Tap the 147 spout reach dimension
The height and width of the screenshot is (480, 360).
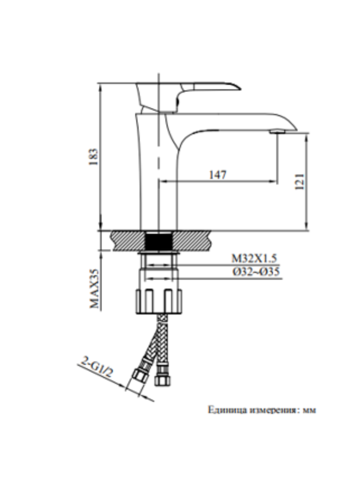pyautogui.click(x=217, y=175)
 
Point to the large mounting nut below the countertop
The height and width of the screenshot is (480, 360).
pyautogui.click(x=158, y=300)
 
